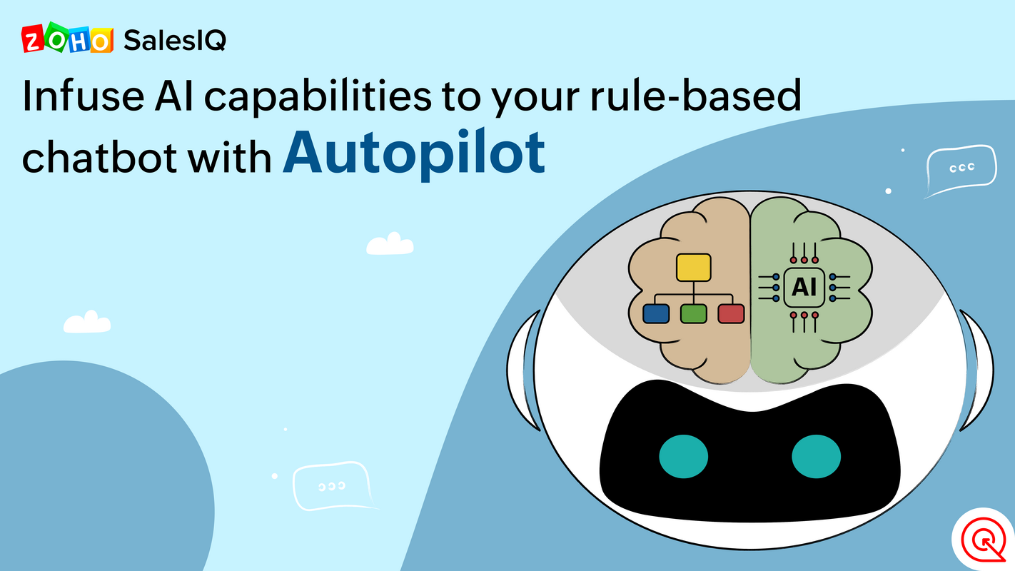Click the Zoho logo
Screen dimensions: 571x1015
68,39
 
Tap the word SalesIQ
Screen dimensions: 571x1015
175,40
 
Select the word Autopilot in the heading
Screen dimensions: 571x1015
414,153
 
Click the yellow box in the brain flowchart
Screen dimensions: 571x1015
693,267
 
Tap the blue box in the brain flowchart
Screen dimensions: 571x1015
656,313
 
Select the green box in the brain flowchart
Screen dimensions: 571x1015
693,313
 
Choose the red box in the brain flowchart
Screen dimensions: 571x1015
731,313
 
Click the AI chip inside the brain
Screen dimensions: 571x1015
804,287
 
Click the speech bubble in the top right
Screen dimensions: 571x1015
961,168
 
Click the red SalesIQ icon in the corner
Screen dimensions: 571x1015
983,539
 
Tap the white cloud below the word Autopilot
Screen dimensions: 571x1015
390,244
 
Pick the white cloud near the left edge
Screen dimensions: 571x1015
87,323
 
